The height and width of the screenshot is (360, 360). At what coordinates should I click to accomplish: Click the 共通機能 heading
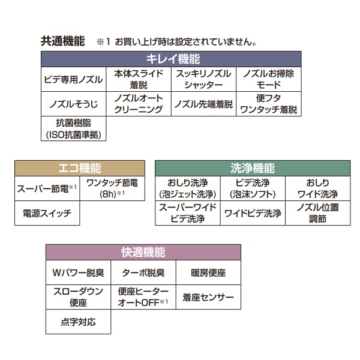click(62, 42)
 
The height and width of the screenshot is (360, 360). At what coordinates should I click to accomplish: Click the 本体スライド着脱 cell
click(140, 79)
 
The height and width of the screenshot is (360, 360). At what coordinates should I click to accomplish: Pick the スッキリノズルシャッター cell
click(205, 79)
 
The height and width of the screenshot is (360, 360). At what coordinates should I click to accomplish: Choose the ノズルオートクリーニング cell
click(140, 104)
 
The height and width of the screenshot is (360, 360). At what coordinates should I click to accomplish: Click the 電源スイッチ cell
click(47, 213)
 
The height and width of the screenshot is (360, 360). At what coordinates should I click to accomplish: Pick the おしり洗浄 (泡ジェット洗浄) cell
click(188, 188)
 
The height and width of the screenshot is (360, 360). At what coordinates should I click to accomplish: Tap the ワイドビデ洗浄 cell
click(253, 213)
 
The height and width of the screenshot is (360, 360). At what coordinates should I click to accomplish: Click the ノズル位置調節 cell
click(318, 213)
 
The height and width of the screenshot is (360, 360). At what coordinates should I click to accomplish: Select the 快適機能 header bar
click(143, 253)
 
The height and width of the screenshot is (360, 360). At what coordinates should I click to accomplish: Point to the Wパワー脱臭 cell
click(79, 273)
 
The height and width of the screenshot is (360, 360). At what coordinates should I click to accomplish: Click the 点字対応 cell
click(79, 322)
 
